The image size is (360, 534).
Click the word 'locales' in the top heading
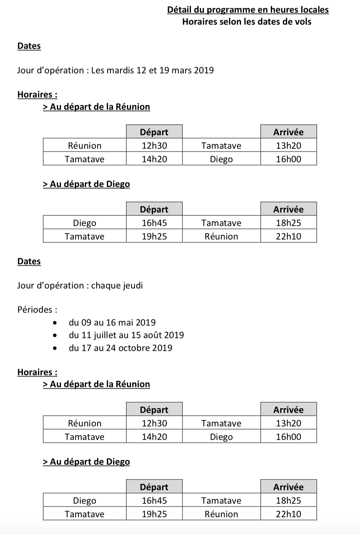pos(314,10)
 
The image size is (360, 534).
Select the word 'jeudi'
pos(132,286)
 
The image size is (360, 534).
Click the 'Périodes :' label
pos(37,310)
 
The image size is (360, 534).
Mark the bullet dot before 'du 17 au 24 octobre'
pos(55,348)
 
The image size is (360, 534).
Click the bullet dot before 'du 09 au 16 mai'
pos(55,323)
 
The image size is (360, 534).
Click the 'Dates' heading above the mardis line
pos(29,46)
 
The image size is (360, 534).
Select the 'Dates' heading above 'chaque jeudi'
pos(29,261)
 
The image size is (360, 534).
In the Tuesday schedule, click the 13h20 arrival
pos(288,146)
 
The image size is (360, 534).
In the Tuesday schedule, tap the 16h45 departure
pos(154,223)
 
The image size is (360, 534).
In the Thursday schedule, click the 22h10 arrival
pos(288,514)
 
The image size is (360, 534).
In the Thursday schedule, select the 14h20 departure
pos(154,437)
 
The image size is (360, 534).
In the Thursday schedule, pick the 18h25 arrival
pos(288,501)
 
